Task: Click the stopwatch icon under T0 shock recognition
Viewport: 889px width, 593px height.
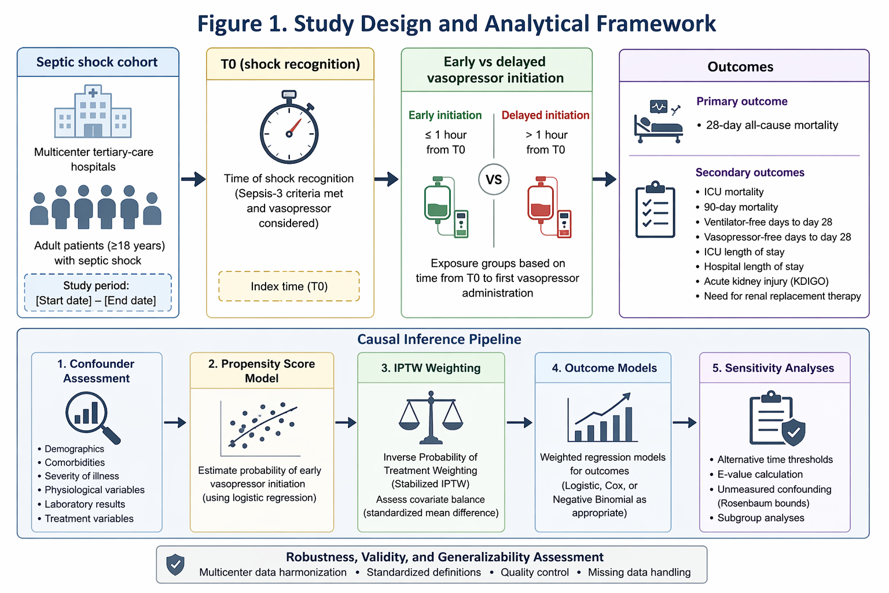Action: (289, 127)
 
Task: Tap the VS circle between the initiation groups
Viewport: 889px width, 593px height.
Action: (494, 180)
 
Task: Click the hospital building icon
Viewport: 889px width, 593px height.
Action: (93, 111)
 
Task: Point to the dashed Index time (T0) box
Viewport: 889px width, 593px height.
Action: (289, 287)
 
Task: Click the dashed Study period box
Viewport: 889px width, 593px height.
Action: (98, 292)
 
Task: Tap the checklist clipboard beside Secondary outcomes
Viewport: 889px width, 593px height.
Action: (655, 209)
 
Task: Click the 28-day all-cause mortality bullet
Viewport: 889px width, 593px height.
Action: (767, 125)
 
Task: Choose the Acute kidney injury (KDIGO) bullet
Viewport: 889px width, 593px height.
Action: (762, 281)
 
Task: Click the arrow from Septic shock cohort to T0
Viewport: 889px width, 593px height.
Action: (193, 179)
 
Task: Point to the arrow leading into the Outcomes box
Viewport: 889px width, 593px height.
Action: (604, 179)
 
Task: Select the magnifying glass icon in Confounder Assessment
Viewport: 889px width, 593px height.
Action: (93, 418)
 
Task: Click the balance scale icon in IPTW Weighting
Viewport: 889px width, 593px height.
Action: (431, 418)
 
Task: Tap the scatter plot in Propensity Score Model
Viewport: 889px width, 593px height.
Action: (260, 429)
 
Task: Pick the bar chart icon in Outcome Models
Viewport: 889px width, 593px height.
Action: (602, 418)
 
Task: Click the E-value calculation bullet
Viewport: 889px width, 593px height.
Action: (756, 474)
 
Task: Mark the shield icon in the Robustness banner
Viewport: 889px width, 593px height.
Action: (175, 565)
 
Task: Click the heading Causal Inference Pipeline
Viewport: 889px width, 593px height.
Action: (439, 339)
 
